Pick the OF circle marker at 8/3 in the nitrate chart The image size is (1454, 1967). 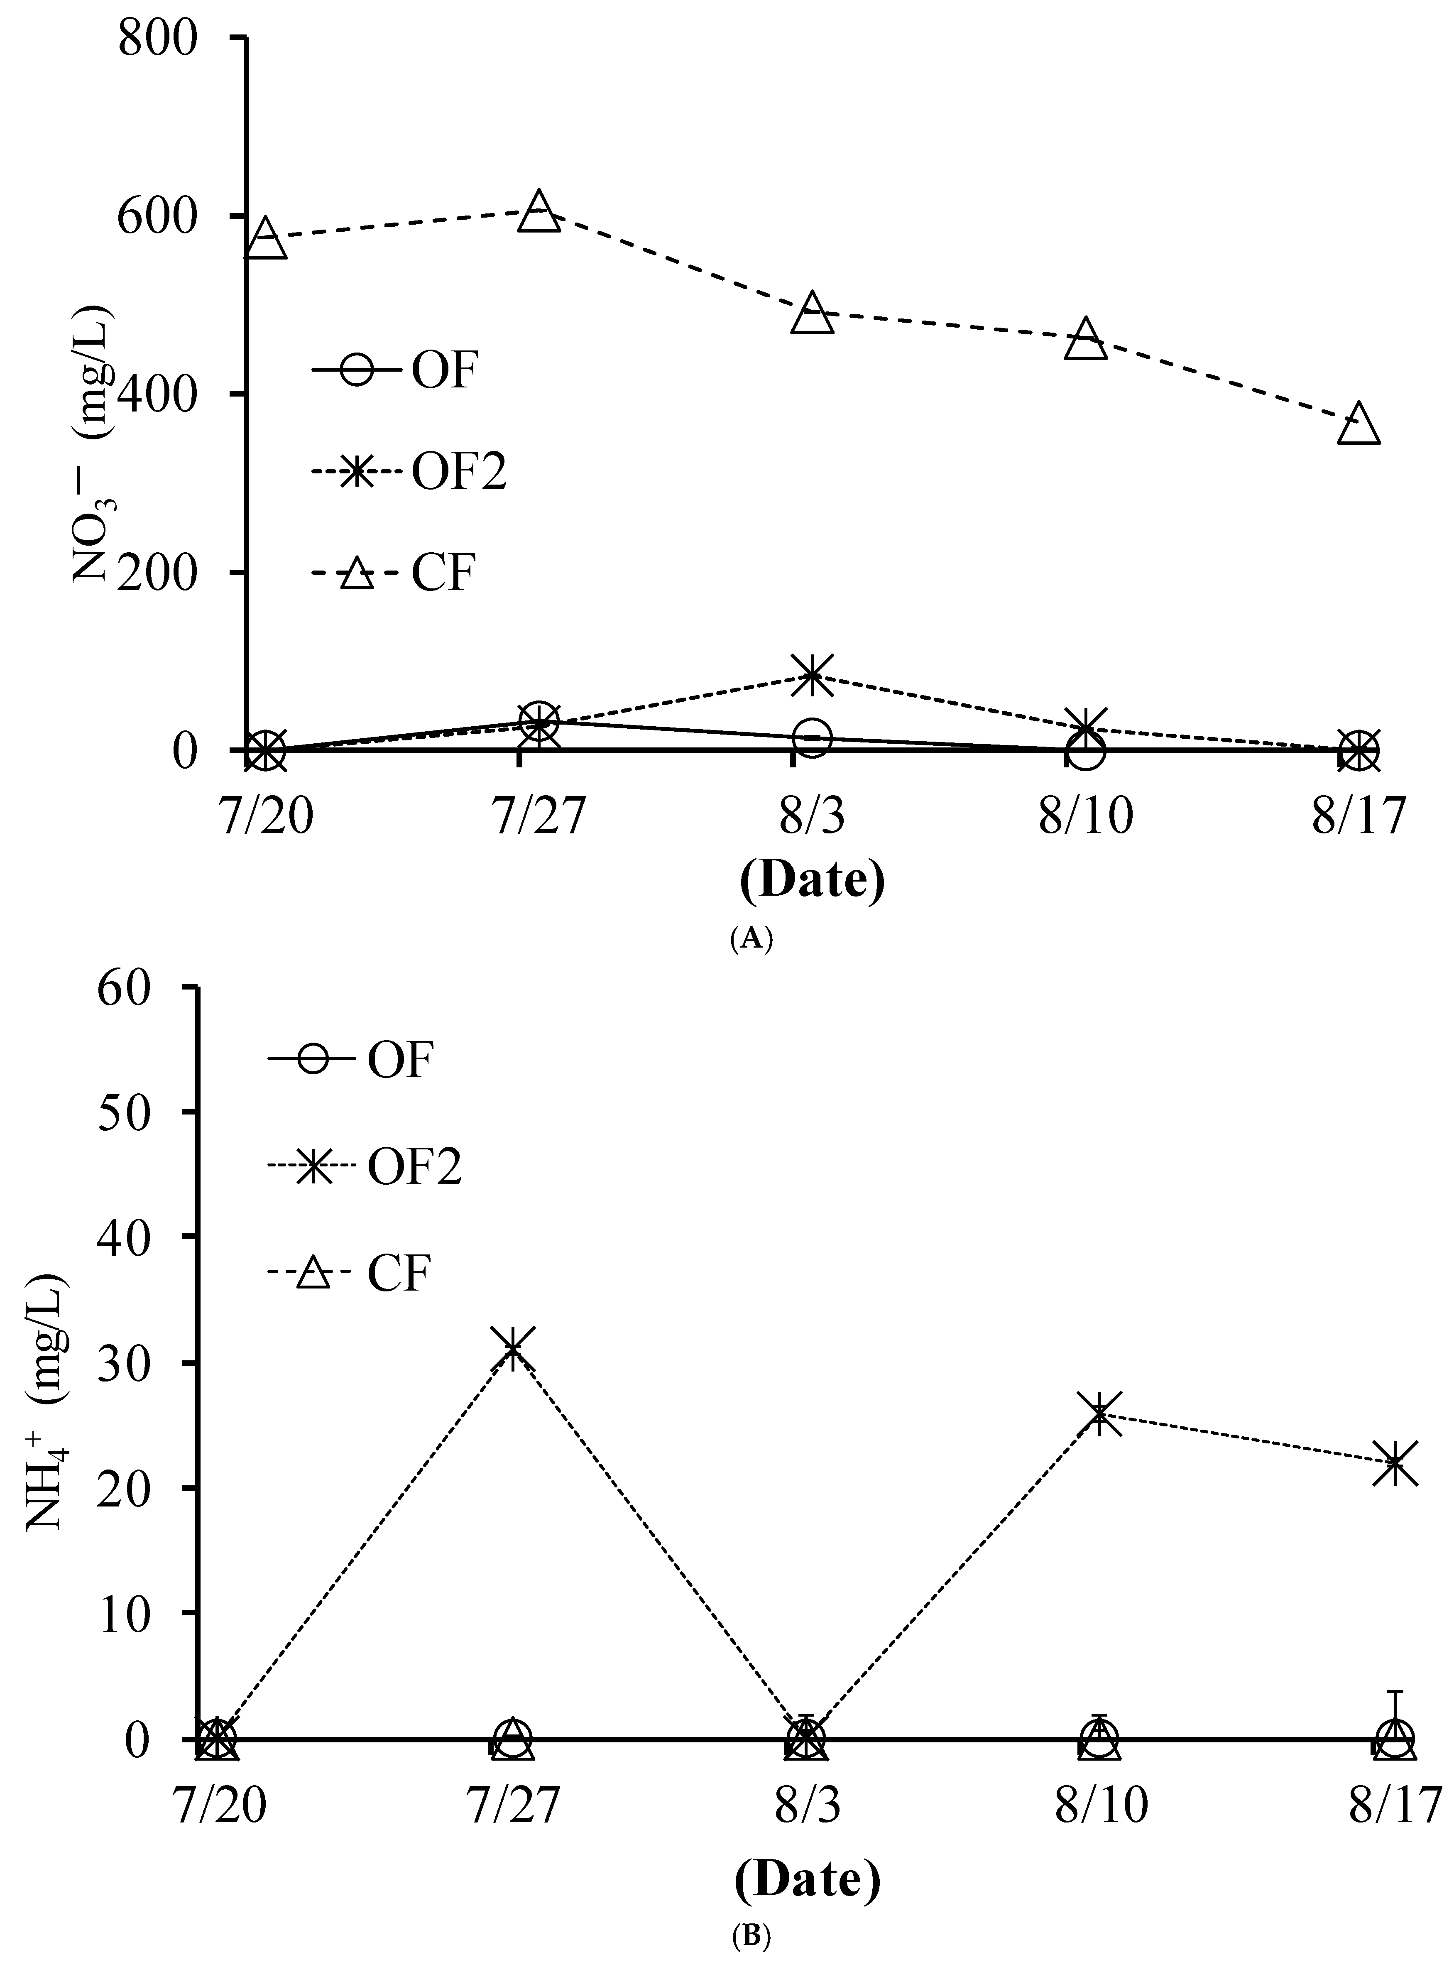coord(813,737)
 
